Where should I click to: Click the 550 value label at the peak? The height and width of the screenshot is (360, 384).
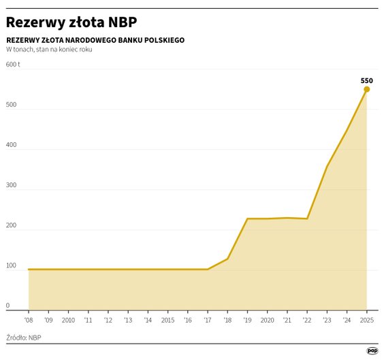point(366,80)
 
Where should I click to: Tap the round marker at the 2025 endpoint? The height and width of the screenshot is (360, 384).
point(366,89)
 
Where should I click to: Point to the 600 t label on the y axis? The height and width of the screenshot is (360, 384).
point(13,65)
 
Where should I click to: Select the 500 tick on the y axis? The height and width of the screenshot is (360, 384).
point(12,105)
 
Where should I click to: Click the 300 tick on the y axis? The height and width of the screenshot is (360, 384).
point(12,185)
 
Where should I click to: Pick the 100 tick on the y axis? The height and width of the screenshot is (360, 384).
point(12,265)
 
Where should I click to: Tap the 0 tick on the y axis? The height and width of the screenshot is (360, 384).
point(8,306)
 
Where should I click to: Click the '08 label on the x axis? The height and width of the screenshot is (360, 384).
point(29,320)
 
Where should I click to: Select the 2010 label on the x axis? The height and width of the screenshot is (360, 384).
point(68,320)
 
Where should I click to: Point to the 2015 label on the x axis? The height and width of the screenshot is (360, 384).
point(167,320)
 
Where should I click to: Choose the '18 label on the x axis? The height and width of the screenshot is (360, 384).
point(227,320)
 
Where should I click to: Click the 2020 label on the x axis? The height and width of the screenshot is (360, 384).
point(267,320)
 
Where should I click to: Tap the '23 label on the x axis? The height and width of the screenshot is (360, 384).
point(327,320)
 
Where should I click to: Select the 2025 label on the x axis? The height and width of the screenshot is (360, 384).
point(366,320)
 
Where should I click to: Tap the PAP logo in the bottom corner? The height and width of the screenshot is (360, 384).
point(372,350)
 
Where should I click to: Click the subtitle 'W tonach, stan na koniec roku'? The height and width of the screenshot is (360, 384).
point(49,50)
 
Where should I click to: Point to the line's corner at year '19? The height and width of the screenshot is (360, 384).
point(247,218)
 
